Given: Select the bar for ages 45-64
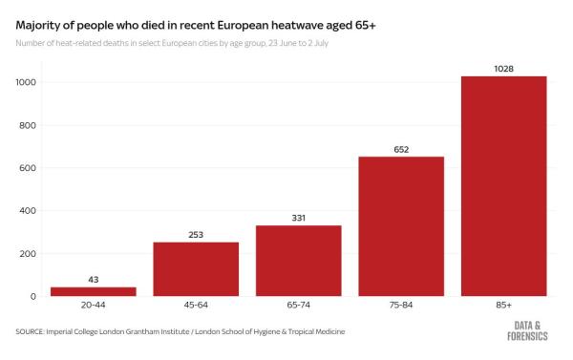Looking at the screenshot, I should [196, 269].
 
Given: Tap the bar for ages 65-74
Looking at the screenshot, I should [298, 261].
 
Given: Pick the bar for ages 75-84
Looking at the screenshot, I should [401, 226].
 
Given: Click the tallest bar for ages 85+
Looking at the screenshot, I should [503, 186].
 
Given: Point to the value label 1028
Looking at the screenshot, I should [503, 68].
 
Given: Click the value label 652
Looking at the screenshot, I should [401, 148].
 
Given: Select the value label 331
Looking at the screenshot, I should [298, 217].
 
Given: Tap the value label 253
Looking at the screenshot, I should [196, 234].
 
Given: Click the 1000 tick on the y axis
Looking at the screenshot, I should [25, 83].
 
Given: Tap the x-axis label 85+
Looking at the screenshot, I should [503, 307].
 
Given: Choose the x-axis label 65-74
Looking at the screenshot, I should [298, 307].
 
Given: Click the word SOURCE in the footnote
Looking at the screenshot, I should [34, 331].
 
